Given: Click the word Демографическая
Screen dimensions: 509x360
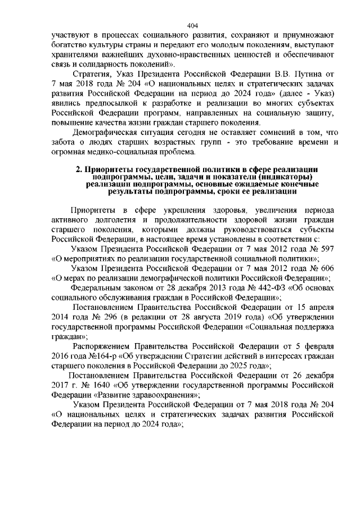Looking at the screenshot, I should (x=107, y=133).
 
